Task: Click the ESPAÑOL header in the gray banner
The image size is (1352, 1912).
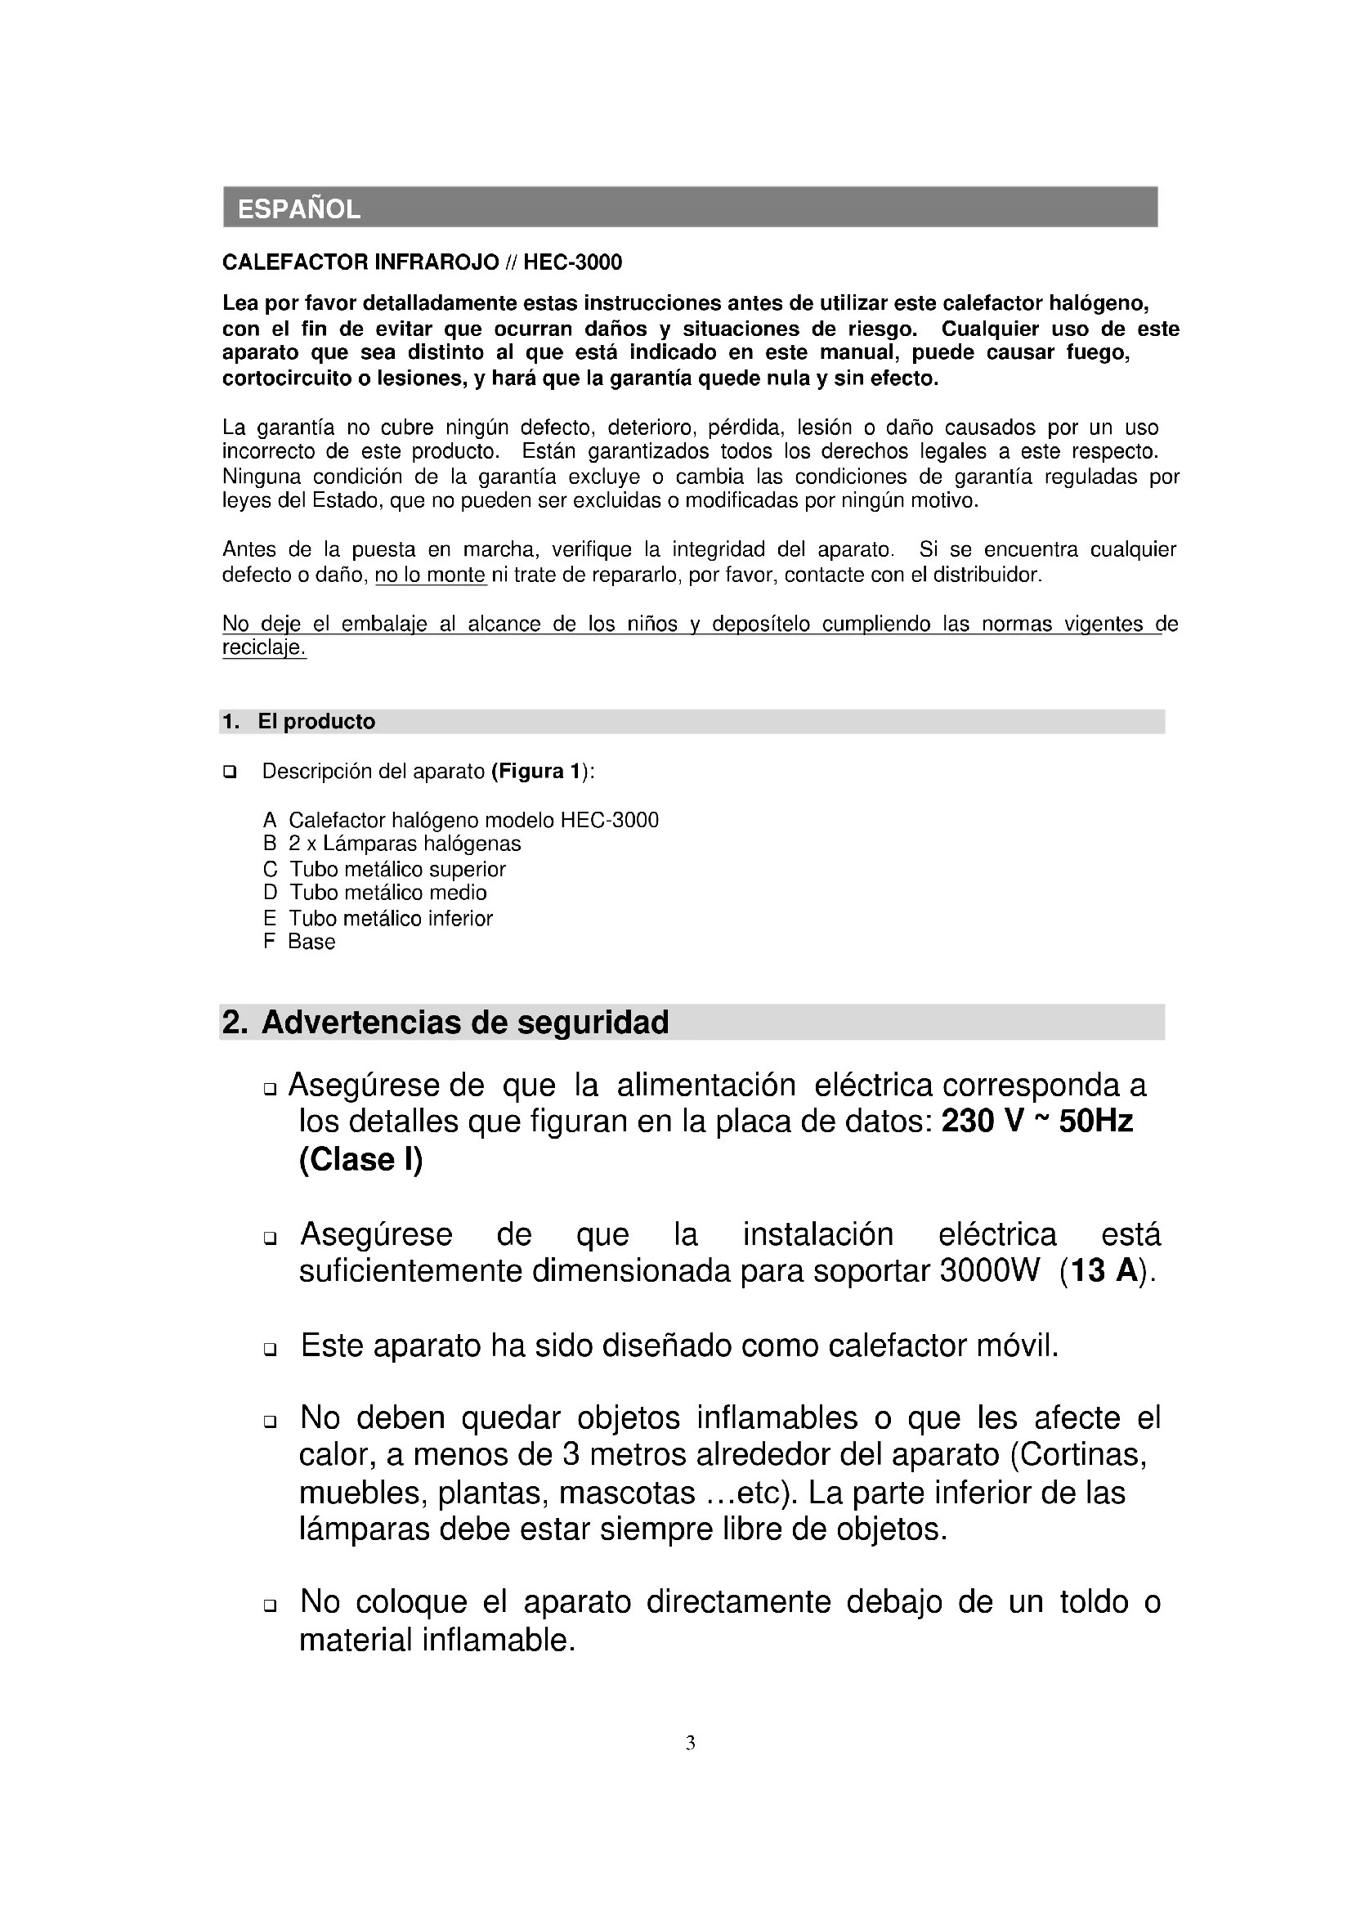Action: (x=299, y=208)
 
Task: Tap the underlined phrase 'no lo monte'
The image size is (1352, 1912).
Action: (x=431, y=575)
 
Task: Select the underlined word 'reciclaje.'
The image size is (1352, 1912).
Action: (x=264, y=648)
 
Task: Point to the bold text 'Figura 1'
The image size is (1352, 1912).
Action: (x=537, y=771)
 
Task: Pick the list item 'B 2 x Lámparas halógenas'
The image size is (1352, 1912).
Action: (x=392, y=844)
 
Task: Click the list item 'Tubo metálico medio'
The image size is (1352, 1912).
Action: (x=388, y=893)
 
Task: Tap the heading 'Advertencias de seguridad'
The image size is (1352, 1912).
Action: (x=464, y=1022)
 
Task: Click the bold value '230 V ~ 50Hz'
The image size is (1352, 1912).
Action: (x=1036, y=1122)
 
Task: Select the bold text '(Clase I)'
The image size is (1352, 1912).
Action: (x=360, y=1159)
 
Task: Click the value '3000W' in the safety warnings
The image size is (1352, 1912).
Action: (x=990, y=1272)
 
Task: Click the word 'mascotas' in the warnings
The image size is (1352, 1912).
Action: (x=627, y=1493)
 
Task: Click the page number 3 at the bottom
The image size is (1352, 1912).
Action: (x=690, y=1743)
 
